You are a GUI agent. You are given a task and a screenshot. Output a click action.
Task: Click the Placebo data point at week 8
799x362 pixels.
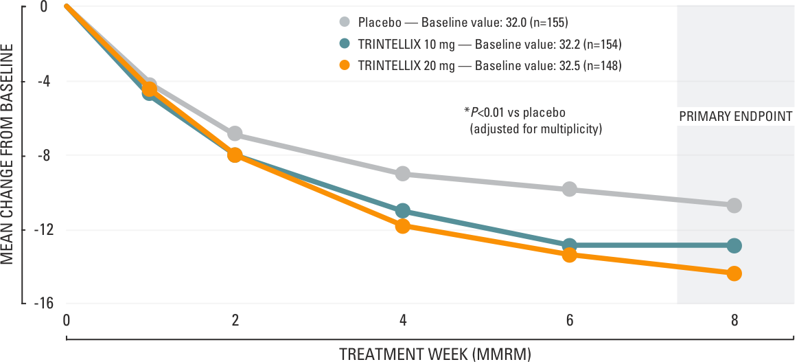point(734,205)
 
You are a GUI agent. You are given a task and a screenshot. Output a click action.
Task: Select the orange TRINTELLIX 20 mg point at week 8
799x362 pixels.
point(734,273)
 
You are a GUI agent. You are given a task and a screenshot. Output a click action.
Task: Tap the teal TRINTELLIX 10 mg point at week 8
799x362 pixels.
point(734,246)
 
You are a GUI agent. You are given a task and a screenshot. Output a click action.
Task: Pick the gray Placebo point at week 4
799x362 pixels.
point(403,174)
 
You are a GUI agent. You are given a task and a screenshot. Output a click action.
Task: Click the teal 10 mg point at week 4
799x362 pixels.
point(403,211)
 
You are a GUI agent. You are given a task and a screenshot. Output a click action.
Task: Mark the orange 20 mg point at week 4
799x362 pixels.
point(403,226)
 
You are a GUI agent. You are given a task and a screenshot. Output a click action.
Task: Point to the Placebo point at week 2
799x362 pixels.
point(235,133)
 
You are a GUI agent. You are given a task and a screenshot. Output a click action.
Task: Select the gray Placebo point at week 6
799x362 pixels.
point(569,189)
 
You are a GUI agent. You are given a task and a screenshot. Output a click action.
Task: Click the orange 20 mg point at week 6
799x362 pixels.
point(569,255)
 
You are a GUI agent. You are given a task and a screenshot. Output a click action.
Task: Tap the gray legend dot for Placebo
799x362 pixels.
point(345,22)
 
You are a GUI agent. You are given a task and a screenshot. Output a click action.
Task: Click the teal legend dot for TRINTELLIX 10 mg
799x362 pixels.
point(345,44)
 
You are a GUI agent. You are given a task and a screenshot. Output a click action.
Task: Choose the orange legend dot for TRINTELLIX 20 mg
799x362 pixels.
point(345,66)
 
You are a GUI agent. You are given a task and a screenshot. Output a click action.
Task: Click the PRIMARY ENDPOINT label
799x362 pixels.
point(736,117)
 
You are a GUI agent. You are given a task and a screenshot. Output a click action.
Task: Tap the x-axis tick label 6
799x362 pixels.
point(569,321)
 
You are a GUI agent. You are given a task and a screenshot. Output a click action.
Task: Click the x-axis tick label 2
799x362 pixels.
point(235,321)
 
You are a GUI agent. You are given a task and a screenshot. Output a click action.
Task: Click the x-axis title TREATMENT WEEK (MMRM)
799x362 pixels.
point(435,354)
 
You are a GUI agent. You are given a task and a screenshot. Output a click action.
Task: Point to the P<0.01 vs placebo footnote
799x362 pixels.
point(516,111)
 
